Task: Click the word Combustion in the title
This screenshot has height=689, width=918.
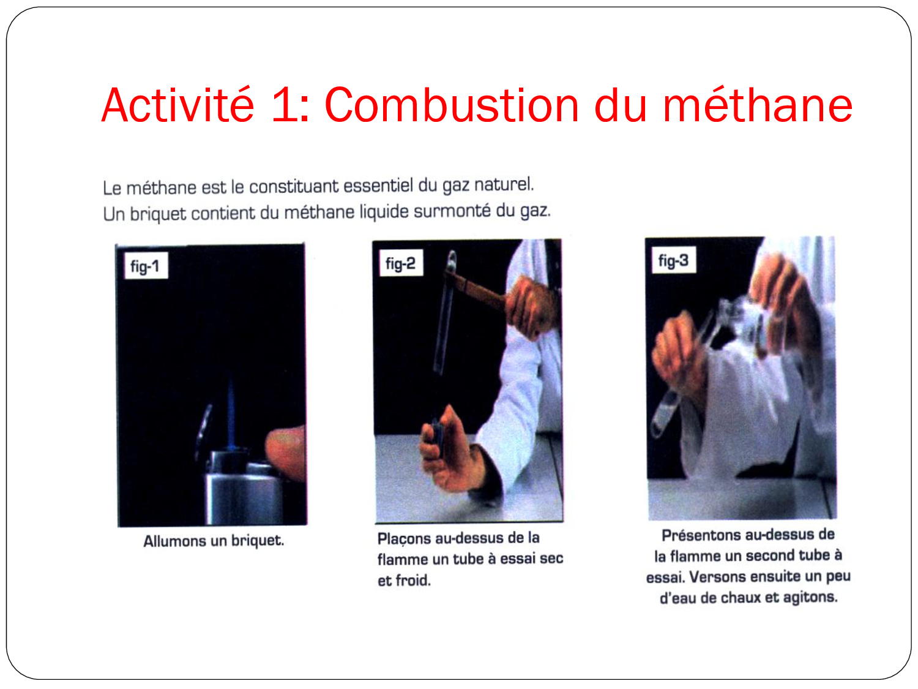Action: point(451,105)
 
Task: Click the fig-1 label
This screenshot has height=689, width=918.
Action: point(146,266)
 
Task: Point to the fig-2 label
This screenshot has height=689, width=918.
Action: point(401,263)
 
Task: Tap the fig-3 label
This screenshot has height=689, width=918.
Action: point(673,260)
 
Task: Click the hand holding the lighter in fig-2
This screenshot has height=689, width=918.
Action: point(450,450)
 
